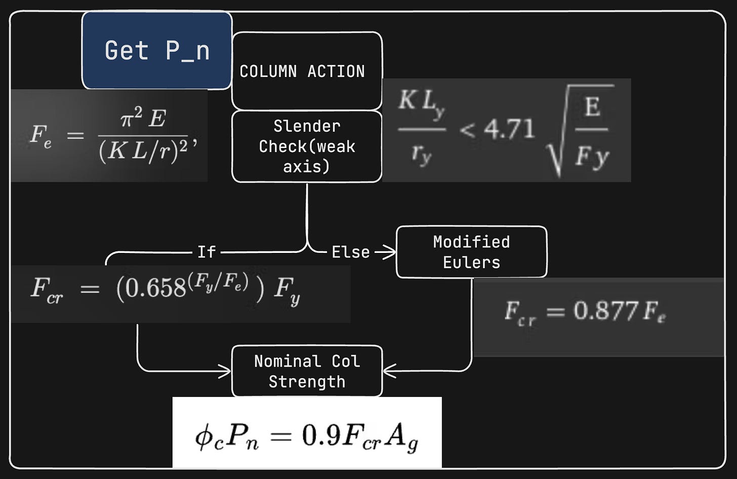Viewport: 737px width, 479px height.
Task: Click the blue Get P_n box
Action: (157, 50)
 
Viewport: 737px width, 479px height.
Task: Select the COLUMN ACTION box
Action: (307, 71)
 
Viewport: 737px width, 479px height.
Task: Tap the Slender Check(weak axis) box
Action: (307, 146)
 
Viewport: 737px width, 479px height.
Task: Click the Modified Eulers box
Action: (471, 252)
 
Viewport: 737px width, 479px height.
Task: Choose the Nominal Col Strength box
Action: (307, 371)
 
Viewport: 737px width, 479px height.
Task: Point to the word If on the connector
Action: (207, 252)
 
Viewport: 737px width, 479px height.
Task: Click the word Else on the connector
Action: (350, 252)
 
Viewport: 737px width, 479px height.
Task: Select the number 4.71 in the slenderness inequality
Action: (509, 129)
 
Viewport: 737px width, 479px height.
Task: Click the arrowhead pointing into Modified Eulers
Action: (391, 252)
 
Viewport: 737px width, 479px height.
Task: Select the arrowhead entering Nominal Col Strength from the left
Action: (226, 372)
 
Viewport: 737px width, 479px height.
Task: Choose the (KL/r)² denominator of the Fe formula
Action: (143, 151)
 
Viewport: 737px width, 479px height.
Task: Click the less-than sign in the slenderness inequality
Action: (467, 130)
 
